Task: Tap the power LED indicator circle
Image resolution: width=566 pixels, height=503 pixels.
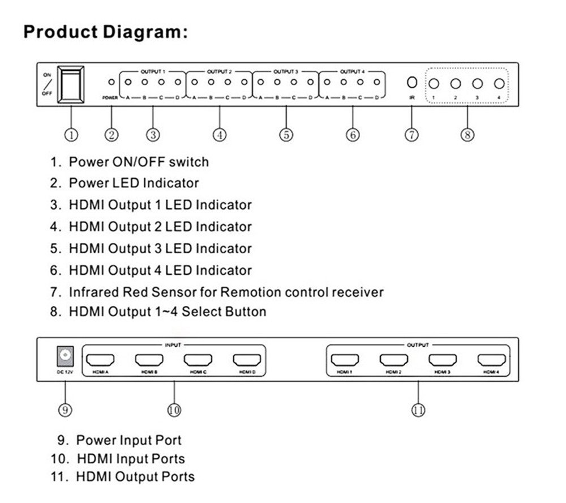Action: [x=112, y=82]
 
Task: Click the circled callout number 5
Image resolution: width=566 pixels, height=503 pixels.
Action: [x=286, y=135]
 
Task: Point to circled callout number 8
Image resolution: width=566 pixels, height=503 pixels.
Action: [x=467, y=135]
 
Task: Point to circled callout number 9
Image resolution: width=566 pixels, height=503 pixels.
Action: [x=66, y=410]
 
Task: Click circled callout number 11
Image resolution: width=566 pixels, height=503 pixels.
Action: [x=418, y=410]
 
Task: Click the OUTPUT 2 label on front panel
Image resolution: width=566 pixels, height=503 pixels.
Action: [x=219, y=72]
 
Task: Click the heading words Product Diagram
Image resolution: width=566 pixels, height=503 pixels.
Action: [x=105, y=32]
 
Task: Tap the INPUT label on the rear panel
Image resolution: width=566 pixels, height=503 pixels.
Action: [x=173, y=344]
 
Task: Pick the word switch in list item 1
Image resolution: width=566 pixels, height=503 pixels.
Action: [x=190, y=162]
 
